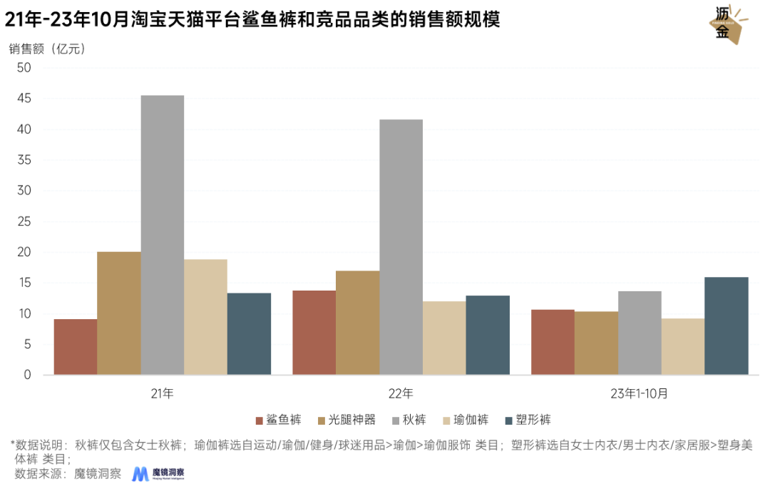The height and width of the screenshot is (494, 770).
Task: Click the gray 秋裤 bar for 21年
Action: pos(163,235)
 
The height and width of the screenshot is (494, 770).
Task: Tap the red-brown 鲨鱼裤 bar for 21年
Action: pos(75,347)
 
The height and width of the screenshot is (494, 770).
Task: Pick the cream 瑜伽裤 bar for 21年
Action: pos(205,317)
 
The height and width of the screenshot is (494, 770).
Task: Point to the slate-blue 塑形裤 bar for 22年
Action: pos(488,335)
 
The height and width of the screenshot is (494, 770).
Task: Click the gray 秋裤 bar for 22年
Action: pos(401,247)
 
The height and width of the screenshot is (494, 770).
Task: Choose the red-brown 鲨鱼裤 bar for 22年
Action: pos(314,333)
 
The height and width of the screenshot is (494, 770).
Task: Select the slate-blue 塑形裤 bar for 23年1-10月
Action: pos(727,326)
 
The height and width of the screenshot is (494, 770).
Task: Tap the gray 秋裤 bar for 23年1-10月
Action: pos(640,333)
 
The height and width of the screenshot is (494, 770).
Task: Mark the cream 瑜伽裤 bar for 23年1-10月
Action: pos(683,346)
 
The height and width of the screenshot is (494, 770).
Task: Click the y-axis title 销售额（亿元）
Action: pos(46,49)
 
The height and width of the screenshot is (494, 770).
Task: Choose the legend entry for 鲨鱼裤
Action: pos(279,420)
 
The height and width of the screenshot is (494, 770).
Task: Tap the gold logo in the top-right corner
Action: pos(728,24)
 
